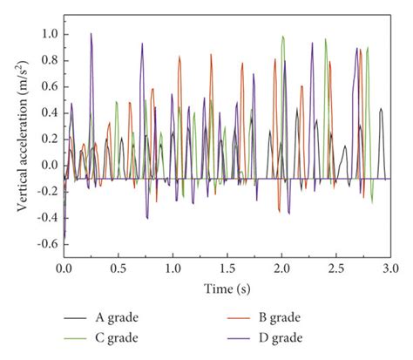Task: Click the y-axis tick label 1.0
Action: point(47,35)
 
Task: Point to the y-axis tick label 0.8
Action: point(47,61)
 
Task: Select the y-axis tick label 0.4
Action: point(47,112)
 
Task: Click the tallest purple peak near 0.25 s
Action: point(91,35)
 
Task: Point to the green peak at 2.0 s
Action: point(283,37)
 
